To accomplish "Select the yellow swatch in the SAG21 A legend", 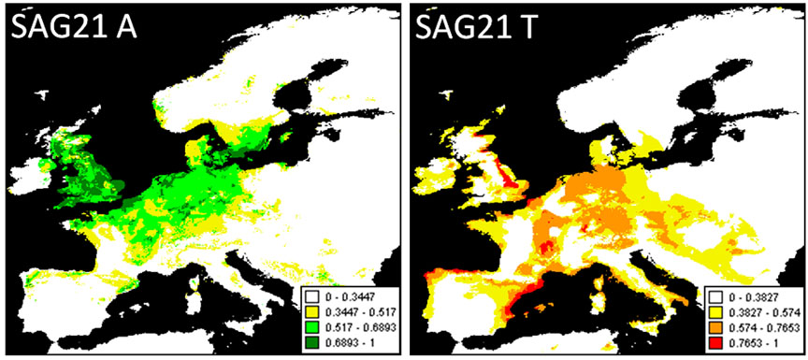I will (310, 311).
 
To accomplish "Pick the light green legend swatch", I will (310, 325).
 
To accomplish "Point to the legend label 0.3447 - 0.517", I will (356, 311).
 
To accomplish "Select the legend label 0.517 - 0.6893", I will (356, 325).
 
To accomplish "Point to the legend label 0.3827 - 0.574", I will (760, 310).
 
